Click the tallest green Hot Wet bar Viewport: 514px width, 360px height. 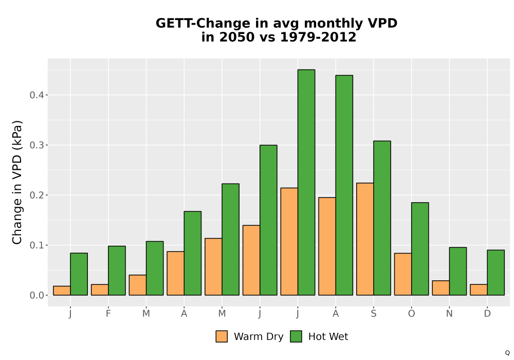point(306,182)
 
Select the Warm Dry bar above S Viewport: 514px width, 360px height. point(365,239)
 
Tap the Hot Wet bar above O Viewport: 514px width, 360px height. point(420,249)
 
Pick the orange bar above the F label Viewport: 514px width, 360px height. point(100,290)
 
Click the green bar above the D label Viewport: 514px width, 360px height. point(495,273)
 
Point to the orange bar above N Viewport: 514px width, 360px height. point(440,288)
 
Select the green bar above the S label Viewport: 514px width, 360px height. point(382,218)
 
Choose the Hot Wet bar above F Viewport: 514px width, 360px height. point(117,271)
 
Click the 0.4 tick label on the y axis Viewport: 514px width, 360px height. point(36,95)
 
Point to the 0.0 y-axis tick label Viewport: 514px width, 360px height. point(36,295)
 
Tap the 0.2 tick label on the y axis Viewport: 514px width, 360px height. point(36,195)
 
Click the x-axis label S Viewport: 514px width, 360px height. point(373,314)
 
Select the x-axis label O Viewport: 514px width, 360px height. point(411,314)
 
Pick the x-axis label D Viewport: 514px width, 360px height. point(487,314)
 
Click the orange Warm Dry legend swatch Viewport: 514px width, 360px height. point(222,336)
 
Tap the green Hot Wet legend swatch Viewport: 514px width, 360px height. point(296,336)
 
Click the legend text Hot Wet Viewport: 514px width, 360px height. point(328,336)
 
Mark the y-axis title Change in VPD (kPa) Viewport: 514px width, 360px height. point(17,182)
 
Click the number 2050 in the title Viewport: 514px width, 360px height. point(236,37)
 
